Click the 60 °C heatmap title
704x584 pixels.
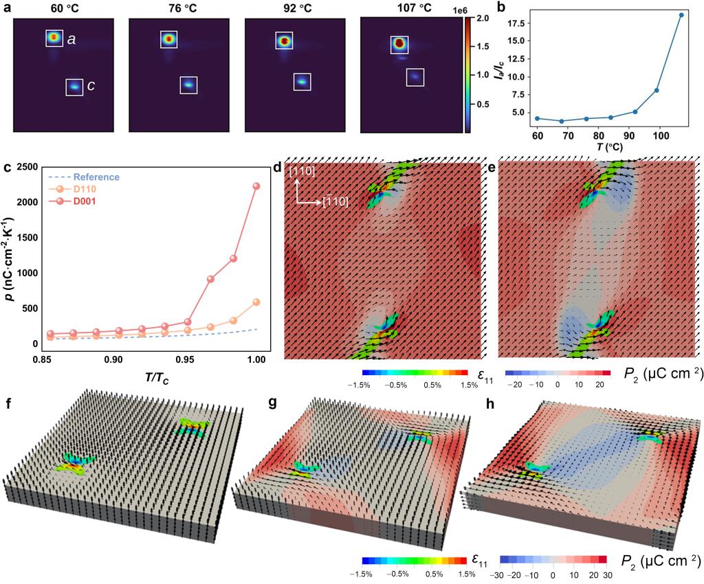(61, 8)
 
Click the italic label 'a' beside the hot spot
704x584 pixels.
(71, 40)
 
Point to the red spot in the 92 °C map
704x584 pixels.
(283, 41)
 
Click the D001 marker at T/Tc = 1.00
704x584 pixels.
(256, 186)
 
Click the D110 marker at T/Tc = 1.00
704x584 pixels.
(256, 302)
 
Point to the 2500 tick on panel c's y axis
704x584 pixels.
(30, 167)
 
